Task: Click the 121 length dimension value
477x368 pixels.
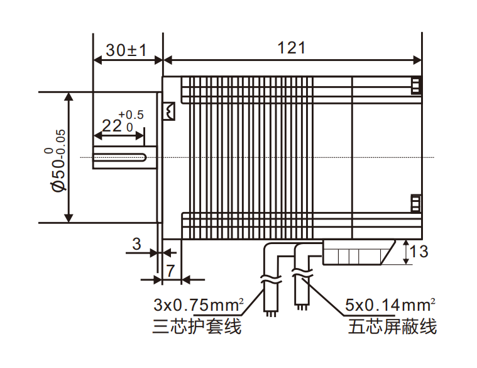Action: point(291,48)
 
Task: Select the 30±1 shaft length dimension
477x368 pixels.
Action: point(126,50)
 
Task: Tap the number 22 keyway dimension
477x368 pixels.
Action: point(112,126)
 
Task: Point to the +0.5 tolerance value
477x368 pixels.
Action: point(131,115)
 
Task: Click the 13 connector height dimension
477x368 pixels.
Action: point(419,252)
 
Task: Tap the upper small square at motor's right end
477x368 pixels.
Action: point(415,85)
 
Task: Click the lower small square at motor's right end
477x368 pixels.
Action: point(415,204)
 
